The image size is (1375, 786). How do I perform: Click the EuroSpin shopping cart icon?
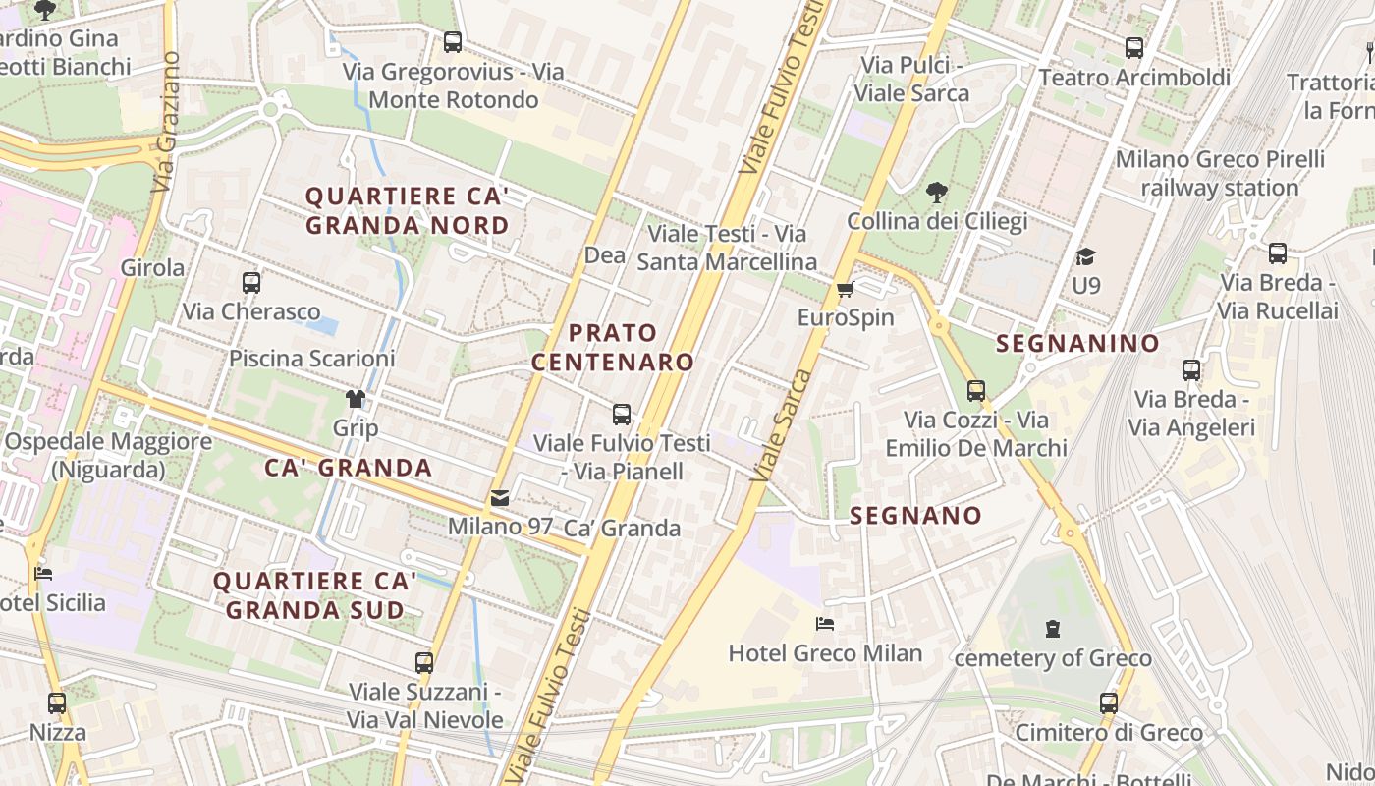[845, 289]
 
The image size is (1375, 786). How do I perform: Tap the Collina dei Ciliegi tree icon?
[937, 192]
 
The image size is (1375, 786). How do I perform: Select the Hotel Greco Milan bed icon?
[825, 624]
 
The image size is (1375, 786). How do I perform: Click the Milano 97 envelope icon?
[500, 498]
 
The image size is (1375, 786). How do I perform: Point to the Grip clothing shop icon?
[355, 399]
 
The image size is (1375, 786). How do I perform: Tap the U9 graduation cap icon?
[1085, 256]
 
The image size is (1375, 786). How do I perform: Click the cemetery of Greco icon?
[1053, 629]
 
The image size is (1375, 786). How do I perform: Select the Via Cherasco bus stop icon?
[251, 283]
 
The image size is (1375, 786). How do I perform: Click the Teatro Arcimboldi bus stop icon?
[1134, 47]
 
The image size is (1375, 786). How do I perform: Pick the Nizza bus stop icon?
[57, 703]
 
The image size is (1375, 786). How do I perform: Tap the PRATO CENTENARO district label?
[613, 347]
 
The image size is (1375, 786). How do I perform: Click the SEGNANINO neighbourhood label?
[1077, 343]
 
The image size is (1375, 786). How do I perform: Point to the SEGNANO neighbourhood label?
[915, 516]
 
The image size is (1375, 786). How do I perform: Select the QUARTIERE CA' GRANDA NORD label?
[407, 211]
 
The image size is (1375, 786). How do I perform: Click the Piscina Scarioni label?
[311, 359]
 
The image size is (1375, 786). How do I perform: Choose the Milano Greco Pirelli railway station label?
[1220, 173]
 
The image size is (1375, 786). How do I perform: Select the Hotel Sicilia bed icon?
[42, 574]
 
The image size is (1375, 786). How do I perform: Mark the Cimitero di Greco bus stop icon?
[1109, 703]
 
